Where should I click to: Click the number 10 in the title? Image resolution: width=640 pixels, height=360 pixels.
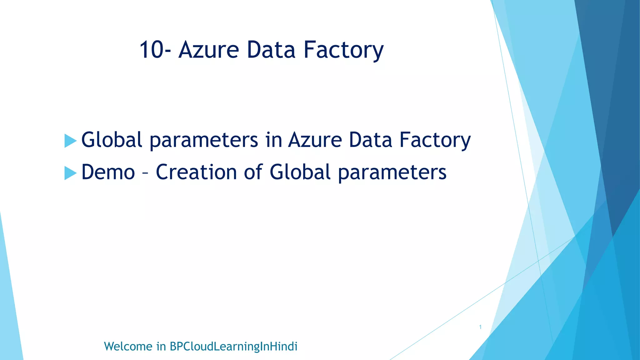151,50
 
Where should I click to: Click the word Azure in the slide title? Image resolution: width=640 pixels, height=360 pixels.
209,50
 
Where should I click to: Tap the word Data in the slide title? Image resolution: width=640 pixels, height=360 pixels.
271,50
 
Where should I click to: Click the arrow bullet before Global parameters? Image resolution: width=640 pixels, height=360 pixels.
70,141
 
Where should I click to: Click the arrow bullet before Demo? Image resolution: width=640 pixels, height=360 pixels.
70,173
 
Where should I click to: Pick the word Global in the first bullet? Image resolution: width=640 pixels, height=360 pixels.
112,140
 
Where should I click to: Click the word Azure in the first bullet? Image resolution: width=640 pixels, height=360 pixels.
315,140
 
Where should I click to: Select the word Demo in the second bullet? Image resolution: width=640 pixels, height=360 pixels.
108,172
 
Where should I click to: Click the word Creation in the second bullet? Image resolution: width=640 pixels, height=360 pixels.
196,172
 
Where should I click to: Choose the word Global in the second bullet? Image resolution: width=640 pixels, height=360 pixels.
300,172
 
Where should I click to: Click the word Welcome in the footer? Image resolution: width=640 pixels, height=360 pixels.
128,347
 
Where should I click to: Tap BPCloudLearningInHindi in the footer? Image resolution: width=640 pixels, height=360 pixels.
233,347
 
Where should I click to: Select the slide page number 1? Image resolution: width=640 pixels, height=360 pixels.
480,327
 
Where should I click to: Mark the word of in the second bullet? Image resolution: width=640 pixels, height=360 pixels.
253,172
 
